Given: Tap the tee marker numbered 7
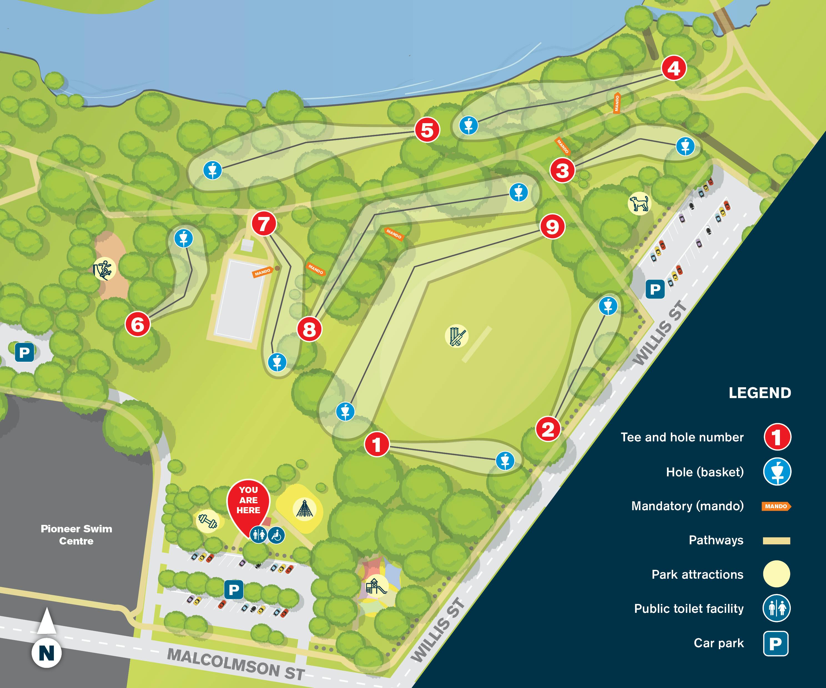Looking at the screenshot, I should point(264,223).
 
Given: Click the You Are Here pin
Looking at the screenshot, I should point(248,505).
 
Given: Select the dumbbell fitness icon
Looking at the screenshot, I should point(207,521).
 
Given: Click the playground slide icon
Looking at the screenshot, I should point(377,586).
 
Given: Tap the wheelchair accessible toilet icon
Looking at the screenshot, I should point(276,535).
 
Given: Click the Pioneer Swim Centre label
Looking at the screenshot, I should point(76,535).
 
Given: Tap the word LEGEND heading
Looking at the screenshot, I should point(760,393).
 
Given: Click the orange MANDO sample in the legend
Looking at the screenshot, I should point(776,506).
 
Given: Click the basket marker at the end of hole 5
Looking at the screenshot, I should point(212,170).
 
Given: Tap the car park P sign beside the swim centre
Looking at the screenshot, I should point(24,352).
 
